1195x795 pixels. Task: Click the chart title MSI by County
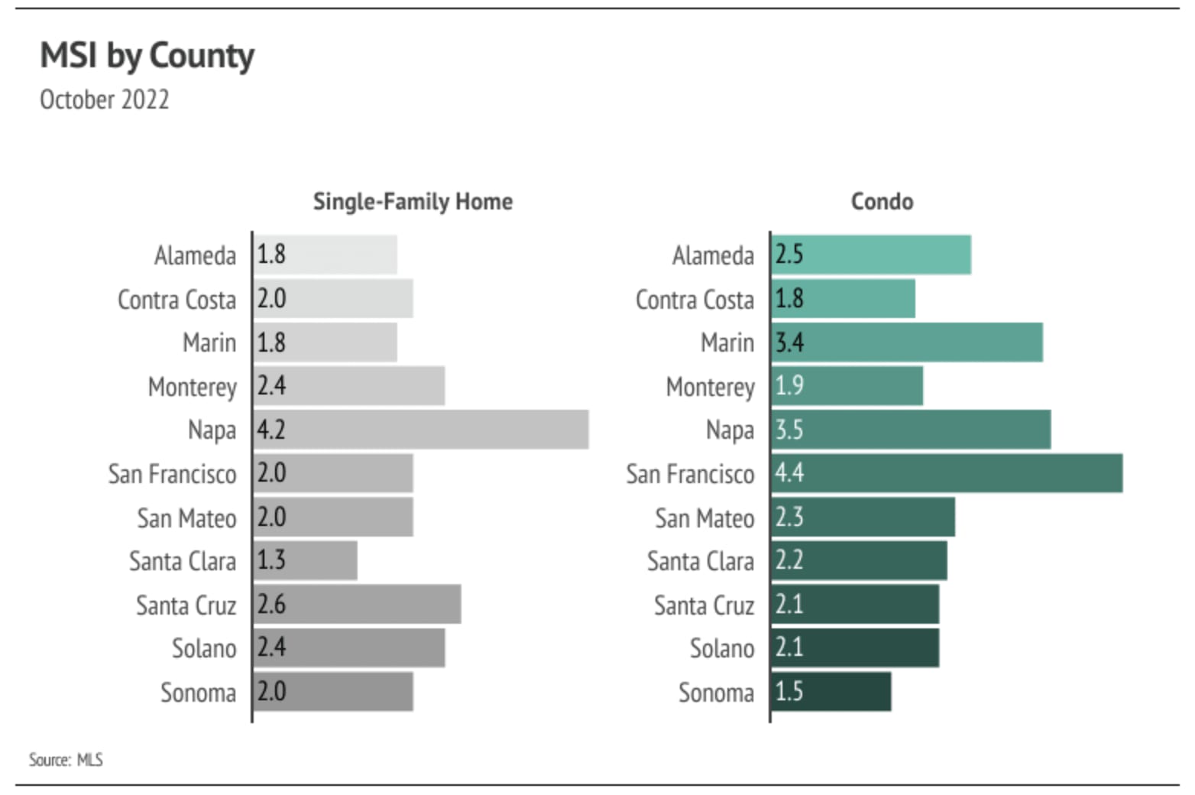(x=147, y=56)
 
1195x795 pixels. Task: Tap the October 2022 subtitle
(x=105, y=99)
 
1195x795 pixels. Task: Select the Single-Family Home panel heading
(x=413, y=201)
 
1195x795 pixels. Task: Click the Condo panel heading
(x=882, y=201)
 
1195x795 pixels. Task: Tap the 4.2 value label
(x=271, y=430)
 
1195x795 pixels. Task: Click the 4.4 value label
(x=789, y=473)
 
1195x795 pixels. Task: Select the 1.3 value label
(x=271, y=560)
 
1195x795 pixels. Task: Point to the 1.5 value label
(x=789, y=692)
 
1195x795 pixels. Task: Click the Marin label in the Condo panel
(x=727, y=342)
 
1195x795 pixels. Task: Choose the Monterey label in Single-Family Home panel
(x=193, y=387)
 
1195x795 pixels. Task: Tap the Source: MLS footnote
(x=66, y=759)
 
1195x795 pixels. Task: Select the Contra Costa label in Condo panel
(x=695, y=299)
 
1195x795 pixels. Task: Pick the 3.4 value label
(x=789, y=342)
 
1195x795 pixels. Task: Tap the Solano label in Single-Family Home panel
(x=204, y=648)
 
